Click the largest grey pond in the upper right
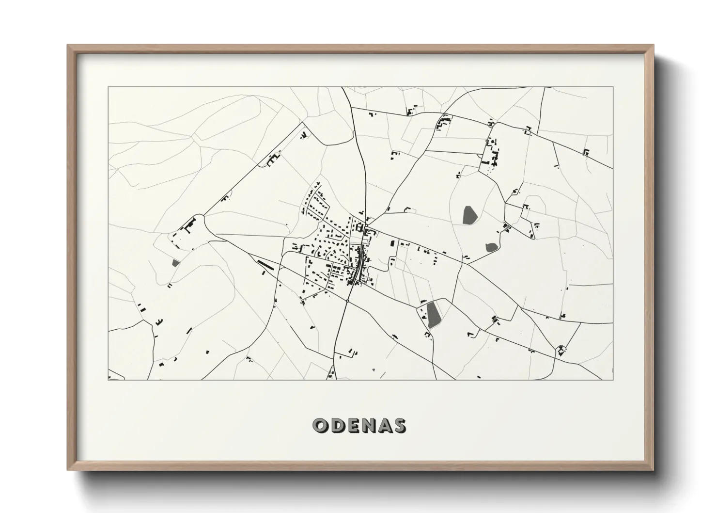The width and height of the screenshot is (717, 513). tap(468, 215)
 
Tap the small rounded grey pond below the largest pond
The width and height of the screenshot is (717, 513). tap(491, 247)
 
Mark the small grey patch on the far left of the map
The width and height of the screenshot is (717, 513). tap(175, 263)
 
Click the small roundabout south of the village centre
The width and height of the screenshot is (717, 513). tap(348, 301)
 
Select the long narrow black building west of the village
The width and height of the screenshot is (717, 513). tap(265, 264)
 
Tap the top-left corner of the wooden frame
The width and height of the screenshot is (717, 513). tap(68, 46)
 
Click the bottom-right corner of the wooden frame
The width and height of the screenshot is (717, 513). tap(654, 470)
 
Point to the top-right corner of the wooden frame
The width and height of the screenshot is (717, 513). tap(654, 46)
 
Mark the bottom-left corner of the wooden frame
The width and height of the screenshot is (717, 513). tap(68, 470)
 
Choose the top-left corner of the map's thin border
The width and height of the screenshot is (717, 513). tap(109, 87)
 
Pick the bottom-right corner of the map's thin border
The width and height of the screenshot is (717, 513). tap(613, 380)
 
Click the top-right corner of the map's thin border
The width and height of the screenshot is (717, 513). tap(613, 87)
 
